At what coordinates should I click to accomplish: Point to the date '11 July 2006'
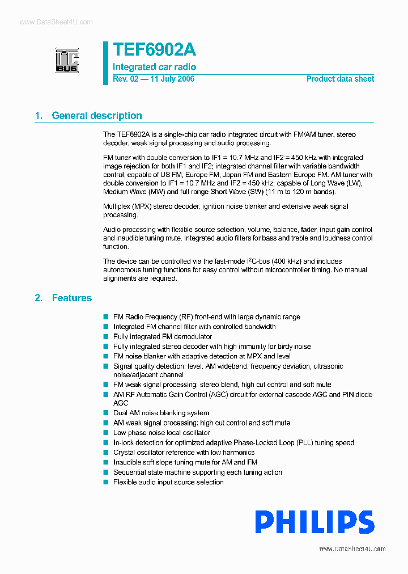point(172,79)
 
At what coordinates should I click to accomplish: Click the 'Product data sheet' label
point(340,79)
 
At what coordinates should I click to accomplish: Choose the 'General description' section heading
point(97,116)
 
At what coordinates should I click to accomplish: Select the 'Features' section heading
point(71,298)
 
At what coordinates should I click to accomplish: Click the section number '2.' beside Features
point(39,298)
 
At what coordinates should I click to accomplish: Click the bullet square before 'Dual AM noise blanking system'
point(105,413)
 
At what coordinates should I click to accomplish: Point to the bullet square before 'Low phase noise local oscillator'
point(105,433)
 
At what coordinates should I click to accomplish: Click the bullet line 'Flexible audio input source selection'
point(168,482)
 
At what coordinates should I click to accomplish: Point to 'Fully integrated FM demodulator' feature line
point(163,336)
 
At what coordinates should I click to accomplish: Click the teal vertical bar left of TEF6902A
point(105,63)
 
